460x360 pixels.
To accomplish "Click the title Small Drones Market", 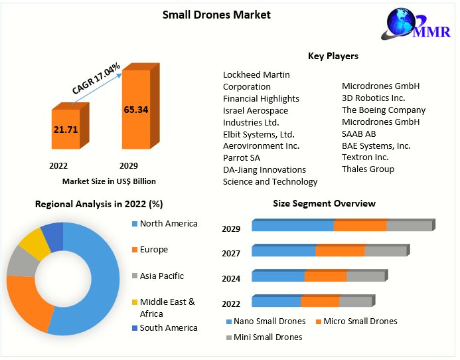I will tap(216, 15).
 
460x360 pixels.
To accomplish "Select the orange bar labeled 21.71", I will tap(66, 129).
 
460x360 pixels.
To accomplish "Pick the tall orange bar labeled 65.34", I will tap(135, 110).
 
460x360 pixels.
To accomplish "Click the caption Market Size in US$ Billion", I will tap(109, 181).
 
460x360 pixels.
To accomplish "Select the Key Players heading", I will tap(333, 56).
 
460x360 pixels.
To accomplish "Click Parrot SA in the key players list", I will tap(242, 157).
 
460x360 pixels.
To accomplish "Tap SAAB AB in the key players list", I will tap(358, 134).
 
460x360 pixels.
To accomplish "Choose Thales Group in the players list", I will tap(368, 169).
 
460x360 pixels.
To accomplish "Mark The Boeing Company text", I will tap(384, 110).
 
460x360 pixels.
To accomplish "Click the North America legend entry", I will tap(168, 224).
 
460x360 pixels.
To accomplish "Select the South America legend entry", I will tap(168, 327).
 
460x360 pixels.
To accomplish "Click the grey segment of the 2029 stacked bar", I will tap(409, 226).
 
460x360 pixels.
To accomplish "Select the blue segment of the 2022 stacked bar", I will tap(276, 302).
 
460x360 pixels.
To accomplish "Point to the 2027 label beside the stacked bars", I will tap(231, 253).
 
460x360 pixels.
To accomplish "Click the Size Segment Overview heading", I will tap(324, 203).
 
